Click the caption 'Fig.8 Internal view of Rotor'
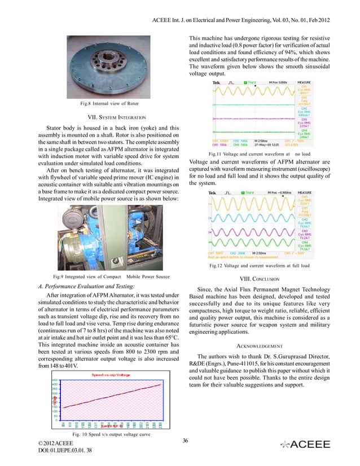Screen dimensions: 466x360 [x=109, y=103]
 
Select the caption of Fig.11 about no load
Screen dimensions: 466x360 [x=260, y=153]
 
